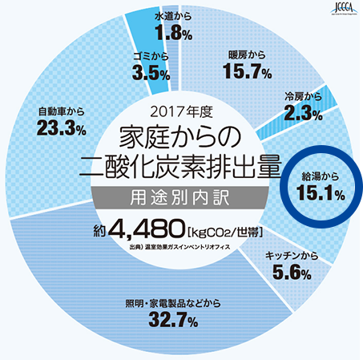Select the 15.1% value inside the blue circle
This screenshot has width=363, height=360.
(x=321, y=192)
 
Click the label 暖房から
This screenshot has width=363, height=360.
(x=246, y=54)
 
